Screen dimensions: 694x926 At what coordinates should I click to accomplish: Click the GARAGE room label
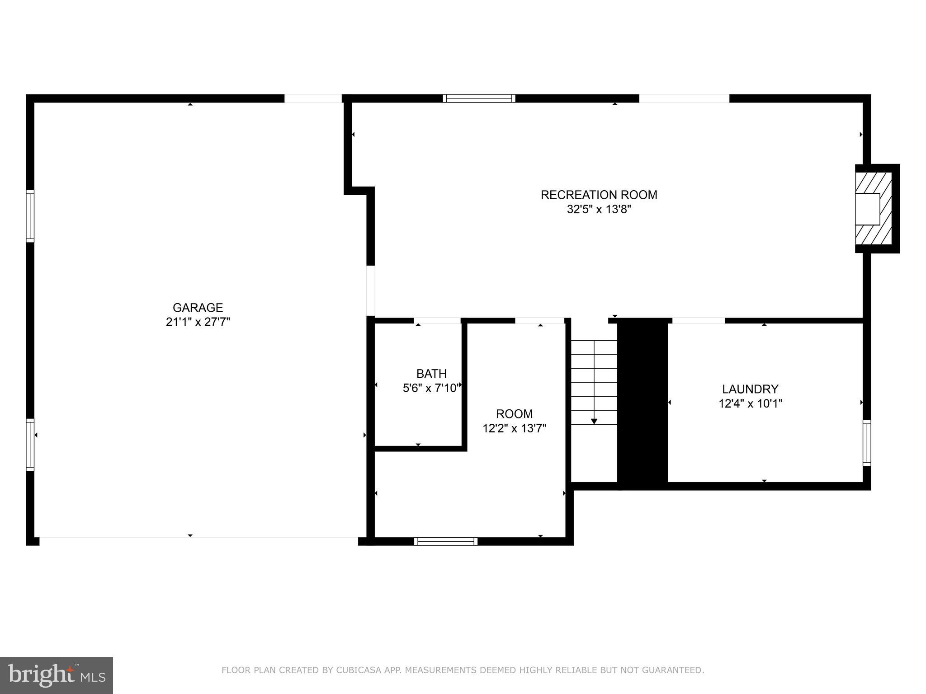(x=198, y=308)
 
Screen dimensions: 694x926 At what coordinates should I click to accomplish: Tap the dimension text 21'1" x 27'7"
(x=198, y=322)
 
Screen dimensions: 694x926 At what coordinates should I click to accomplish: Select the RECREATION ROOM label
(x=599, y=195)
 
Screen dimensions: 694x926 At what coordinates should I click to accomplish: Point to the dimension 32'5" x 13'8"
(x=599, y=209)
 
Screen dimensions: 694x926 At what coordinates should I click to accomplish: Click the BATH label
(x=431, y=374)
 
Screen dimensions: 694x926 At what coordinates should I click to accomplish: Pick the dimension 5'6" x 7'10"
(x=431, y=388)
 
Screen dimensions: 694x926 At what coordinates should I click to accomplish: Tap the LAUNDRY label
(x=750, y=389)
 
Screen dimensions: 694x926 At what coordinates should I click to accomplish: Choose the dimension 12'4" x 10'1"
(x=750, y=403)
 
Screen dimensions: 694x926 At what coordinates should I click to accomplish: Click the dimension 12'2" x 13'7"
(x=514, y=428)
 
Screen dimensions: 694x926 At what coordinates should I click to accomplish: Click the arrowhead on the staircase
(x=594, y=421)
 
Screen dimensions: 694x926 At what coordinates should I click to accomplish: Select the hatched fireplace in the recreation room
(x=873, y=209)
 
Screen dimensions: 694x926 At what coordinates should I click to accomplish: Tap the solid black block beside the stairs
(x=643, y=402)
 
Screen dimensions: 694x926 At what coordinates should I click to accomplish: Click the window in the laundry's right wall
(x=866, y=443)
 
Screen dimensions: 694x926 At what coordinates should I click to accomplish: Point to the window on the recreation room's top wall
(x=479, y=98)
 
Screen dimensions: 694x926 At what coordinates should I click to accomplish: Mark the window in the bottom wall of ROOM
(x=445, y=541)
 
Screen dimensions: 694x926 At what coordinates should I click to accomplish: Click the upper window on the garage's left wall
(x=30, y=216)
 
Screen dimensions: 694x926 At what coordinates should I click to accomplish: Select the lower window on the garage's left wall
(x=30, y=445)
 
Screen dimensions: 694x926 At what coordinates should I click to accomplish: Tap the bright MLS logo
(x=57, y=675)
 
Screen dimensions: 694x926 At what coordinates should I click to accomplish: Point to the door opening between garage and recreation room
(x=370, y=291)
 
